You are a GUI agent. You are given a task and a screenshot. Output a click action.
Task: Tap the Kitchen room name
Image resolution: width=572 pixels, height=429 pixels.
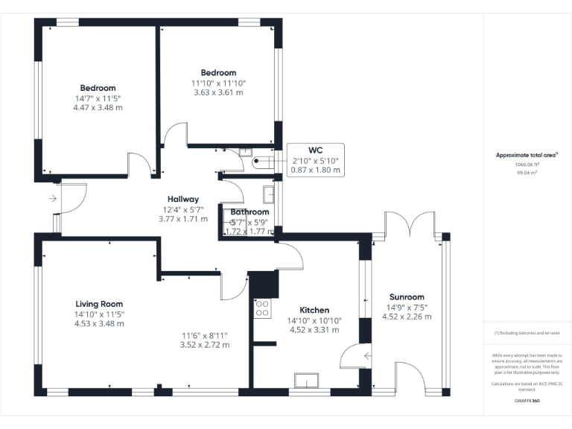314,310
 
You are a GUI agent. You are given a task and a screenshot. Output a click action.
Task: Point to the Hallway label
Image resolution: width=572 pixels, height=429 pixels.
182,199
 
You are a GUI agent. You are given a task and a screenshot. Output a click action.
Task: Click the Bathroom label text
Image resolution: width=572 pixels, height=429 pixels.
250,212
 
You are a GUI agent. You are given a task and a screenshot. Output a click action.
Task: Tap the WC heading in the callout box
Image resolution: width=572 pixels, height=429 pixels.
315,150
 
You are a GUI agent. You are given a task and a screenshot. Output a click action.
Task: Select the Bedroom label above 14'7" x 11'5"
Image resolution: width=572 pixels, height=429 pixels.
97,87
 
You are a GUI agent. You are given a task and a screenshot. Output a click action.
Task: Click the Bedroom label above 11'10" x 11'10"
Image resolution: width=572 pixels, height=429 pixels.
218,72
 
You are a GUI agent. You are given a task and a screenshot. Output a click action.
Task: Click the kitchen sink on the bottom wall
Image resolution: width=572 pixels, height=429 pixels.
306,381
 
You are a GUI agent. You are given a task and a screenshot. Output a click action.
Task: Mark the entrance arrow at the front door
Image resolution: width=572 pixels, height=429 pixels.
51,198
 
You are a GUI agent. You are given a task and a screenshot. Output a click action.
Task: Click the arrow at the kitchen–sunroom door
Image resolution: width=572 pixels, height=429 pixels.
367,356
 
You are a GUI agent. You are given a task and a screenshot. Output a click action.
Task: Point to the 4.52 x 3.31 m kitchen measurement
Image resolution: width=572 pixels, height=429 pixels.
314,329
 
